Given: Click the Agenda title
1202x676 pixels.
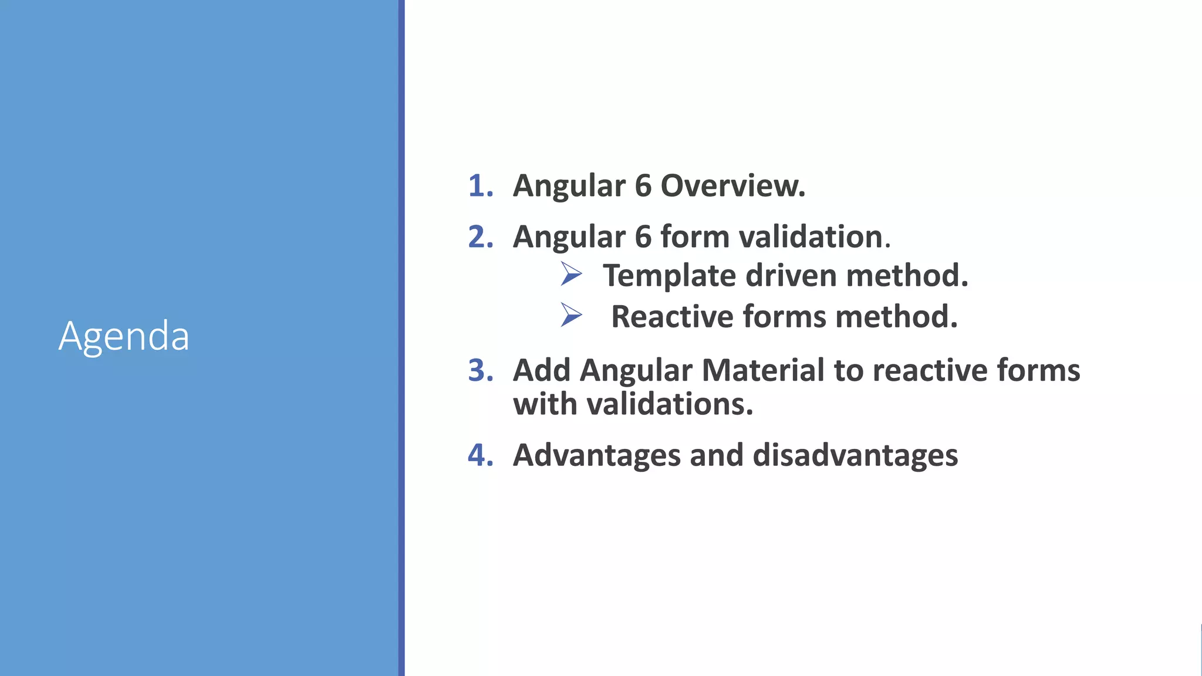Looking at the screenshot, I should [x=124, y=336].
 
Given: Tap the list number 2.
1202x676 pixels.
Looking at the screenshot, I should [x=480, y=236].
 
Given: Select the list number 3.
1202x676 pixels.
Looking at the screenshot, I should [x=480, y=370].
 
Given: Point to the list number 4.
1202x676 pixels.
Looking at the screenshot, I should [x=480, y=455].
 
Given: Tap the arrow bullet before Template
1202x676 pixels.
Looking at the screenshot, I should [x=570, y=274].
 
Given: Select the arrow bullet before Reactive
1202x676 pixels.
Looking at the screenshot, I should [x=570, y=315].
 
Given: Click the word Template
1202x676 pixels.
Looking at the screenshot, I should [x=669, y=276].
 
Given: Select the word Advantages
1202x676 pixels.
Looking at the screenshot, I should [x=596, y=455].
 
